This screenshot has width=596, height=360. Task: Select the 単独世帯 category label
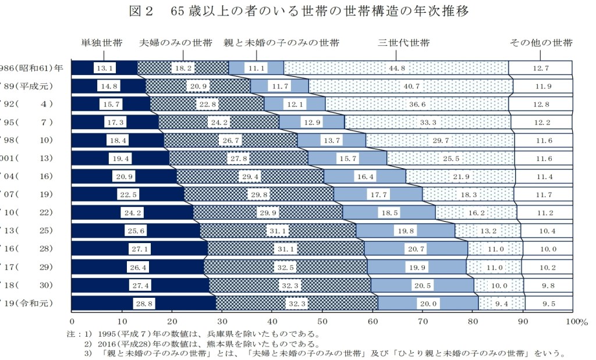(x=102, y=43)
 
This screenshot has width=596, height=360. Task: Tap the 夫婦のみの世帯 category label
(x=176, y=43)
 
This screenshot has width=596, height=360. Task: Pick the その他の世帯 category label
(x=541, y=43)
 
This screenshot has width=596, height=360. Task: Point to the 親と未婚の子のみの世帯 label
(x=282, y=43)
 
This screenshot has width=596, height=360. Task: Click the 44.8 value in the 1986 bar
(x=396, y=68)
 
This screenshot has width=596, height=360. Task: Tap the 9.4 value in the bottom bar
(x=502, y=304)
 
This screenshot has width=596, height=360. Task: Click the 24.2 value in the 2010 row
(x=132, y=213)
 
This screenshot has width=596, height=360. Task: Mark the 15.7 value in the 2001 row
(x=348, y=158)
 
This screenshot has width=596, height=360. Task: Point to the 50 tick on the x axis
(x=322, y=321)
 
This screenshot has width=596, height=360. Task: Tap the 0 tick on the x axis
(x=72, y=321)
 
